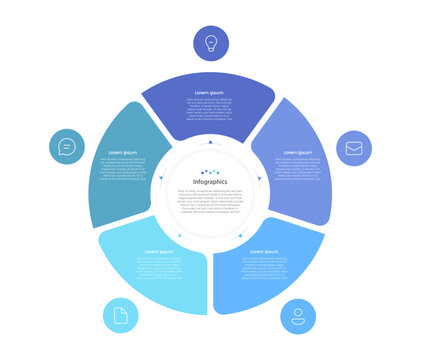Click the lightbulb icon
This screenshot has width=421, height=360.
[210, 43]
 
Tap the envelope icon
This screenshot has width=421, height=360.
[353, 148]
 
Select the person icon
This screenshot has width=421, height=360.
[297, 316]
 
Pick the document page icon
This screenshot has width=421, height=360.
[121, 316]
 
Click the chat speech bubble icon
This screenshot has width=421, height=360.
[67, 147]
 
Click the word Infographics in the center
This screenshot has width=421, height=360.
[210, 181]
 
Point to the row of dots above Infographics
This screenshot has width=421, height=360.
[210, 171]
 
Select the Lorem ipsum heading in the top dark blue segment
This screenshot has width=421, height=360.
[210, 92]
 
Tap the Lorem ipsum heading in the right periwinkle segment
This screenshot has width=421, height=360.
[297, 153]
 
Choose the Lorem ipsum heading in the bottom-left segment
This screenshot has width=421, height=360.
[159, 252]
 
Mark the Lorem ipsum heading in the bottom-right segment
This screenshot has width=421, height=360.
[262, 252]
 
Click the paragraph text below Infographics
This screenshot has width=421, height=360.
[210, 200]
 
